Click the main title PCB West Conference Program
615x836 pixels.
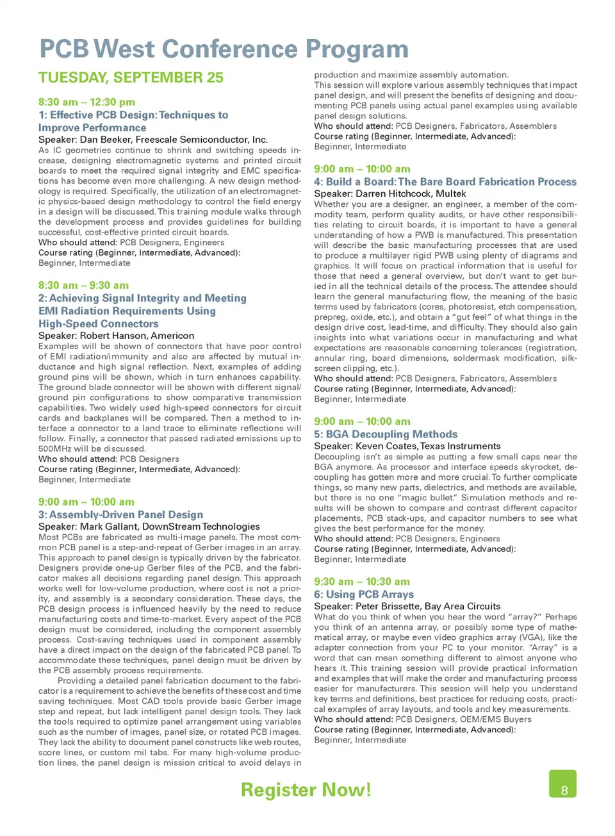[x=224, y=49]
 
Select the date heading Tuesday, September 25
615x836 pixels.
[x=131, y=78]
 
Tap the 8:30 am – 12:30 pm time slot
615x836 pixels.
[x=86, y=102]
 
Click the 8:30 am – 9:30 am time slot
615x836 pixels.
[x=83, y=285]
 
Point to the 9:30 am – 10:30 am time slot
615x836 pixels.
[x=362, y=582]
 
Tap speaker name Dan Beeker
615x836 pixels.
[x=106, y=140]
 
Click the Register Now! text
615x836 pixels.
[x=306, y=790]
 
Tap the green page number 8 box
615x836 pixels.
[x=563, y=785]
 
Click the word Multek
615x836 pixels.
[x=450, y=193]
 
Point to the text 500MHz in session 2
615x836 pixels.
[x=56, y=449]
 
